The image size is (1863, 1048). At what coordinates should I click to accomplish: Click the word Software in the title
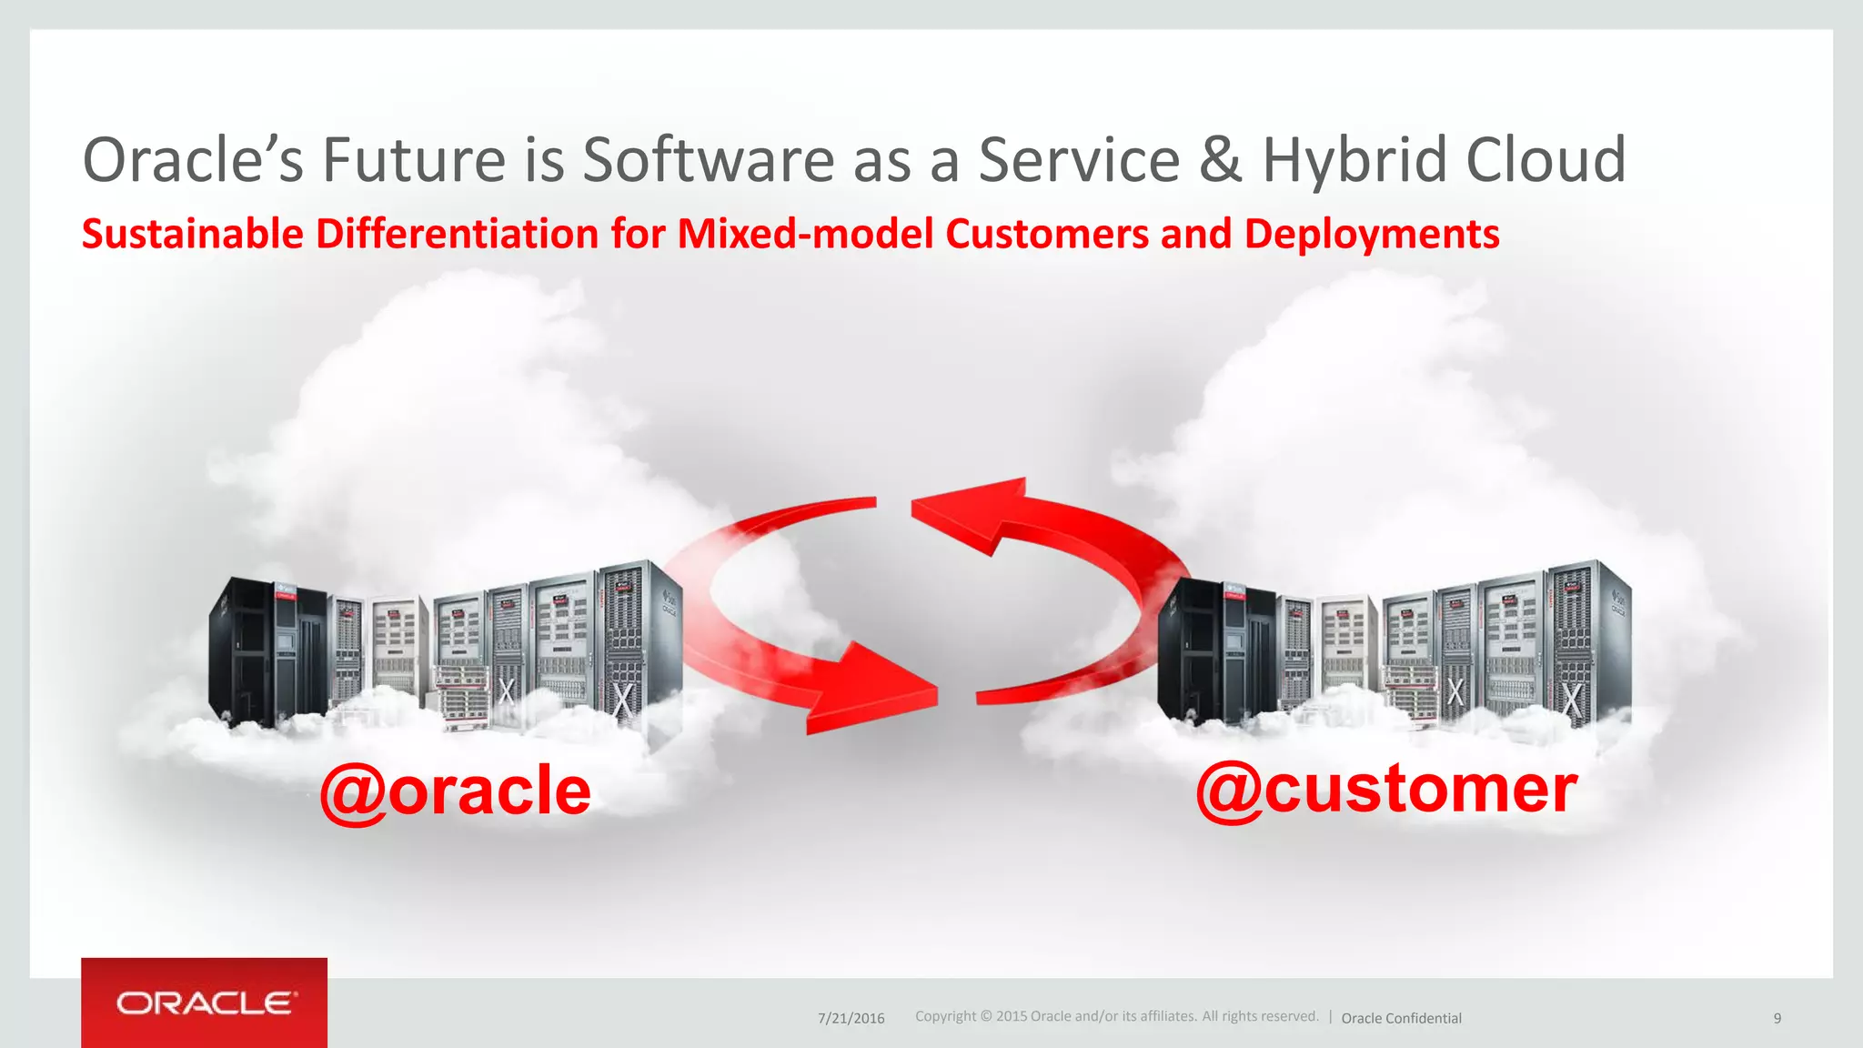click(x=708, y=160)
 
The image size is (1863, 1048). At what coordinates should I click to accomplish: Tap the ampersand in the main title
click(x=1221, y=160)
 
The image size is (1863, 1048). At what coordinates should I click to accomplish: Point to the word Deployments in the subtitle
click(x=1372, y=234)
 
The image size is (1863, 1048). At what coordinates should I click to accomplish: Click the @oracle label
click(x=455, y=791)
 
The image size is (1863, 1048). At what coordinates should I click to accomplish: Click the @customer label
click(x=1386, y=789)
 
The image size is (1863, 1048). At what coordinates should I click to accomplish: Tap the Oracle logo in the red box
click(x=205, y=1003)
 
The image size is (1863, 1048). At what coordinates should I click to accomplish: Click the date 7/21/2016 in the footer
click(x=851, y=1018)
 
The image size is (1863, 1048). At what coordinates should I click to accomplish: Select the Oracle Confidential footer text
click(x=1401, y=1018)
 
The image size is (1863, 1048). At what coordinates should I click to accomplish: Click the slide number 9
click(x=1777, y=1018)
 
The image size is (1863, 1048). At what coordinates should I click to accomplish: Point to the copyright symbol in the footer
click(x=986, y=1016)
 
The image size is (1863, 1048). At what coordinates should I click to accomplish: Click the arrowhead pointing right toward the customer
click(x=873, y=687)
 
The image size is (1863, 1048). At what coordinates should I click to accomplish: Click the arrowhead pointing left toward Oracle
click(x=969, y=514)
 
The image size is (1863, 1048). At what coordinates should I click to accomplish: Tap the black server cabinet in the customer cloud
click(x=1216, y=650)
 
